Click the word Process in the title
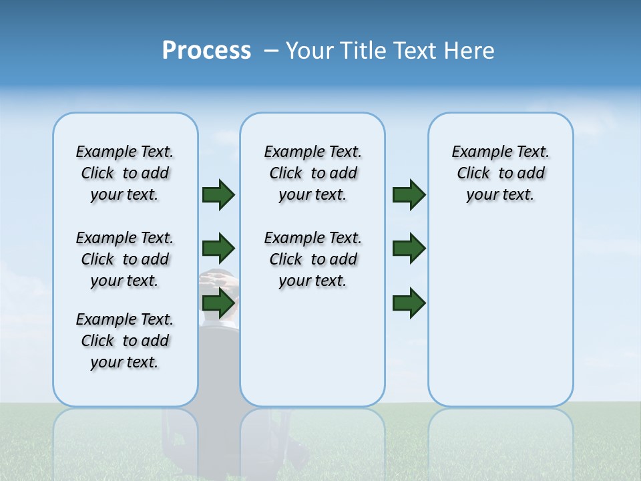tap(206, 51)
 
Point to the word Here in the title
tap(469, 51)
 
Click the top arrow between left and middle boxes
tap(218, 194)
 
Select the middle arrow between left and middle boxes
tap(218, 249)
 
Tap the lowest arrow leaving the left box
tap(218, 303)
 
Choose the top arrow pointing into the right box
tap(409, 194)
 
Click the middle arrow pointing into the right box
tap(409, 249)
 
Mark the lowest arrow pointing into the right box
tap(409, 303)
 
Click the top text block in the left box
tap(125, 173)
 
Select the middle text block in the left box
tap(125, 259)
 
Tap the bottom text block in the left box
tap(125, 341)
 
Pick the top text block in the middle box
tap(312, 173)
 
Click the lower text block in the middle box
tap(312, 259)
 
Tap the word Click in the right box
tap(473, 173)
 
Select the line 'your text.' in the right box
tap(500, 194)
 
